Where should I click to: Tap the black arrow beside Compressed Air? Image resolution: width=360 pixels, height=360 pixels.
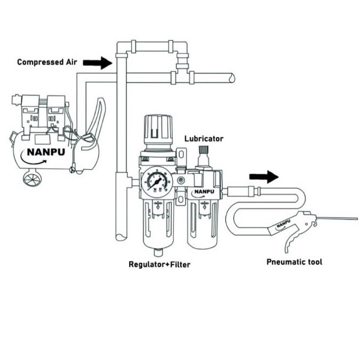pyautogui.click(x=97, y=63)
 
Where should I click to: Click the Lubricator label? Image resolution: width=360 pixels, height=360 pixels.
pyautogui.click(x=204, y=139)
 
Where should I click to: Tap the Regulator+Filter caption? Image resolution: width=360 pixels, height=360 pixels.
pyautogui.click(x=160, y=265)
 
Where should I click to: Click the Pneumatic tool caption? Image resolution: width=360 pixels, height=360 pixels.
pyautogui.click(x=294, y=262)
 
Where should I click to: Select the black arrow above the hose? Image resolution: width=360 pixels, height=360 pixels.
pyautogui.click(x=264, y=177)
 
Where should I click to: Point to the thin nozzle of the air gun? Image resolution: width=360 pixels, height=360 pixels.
pyautogui.click(x=337, y=219)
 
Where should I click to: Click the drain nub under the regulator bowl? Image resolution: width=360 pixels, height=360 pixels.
pyautogui.click(x=158, y=252)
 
